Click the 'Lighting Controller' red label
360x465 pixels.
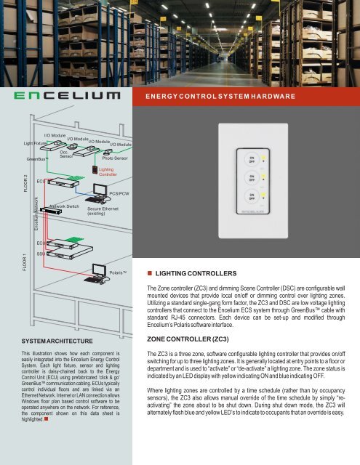click(108, 171)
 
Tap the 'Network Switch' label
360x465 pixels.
click(64, 206)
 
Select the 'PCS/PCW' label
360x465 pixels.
click(119, 194)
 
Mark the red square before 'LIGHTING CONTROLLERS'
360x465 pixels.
click(149, 273)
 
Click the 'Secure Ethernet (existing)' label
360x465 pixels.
click(103, 211)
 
